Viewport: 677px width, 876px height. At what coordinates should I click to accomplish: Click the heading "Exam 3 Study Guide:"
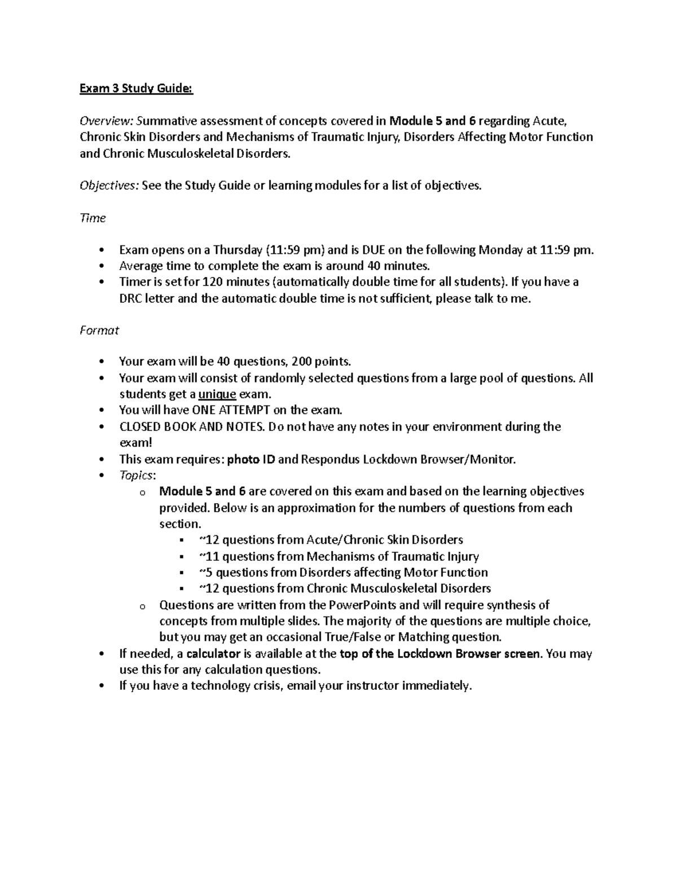point(136,89)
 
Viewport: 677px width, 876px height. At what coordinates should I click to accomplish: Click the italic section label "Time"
point(93,218)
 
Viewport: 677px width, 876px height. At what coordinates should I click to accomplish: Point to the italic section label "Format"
point(99,330)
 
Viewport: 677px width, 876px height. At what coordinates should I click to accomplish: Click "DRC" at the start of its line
point(131,298)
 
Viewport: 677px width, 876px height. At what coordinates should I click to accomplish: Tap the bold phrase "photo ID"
point(251,459)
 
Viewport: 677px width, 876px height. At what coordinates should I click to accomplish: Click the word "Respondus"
point(330,459)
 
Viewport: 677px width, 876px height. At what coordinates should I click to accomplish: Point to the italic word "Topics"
point(137,475)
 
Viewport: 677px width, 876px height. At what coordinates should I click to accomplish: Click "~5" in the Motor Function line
point(206,573)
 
